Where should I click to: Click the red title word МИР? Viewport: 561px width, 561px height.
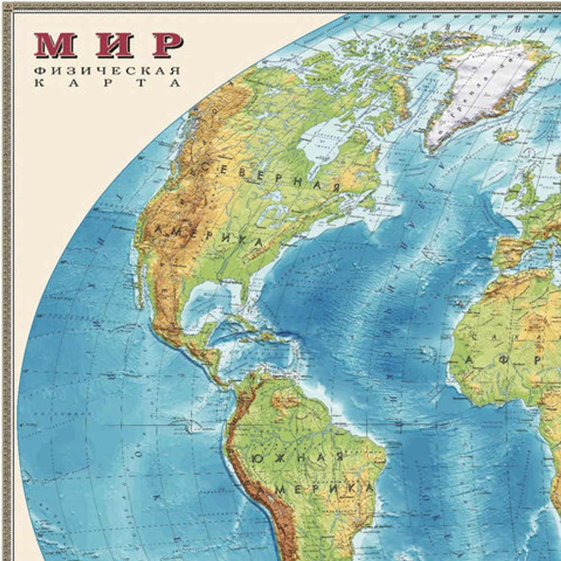[x=108, y=45]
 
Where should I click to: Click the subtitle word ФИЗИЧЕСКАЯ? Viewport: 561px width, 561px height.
[x=107, y=71]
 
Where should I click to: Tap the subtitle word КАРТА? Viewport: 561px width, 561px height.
[x=107, y=84]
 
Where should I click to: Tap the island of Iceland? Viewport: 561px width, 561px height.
[x=508, y=135]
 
